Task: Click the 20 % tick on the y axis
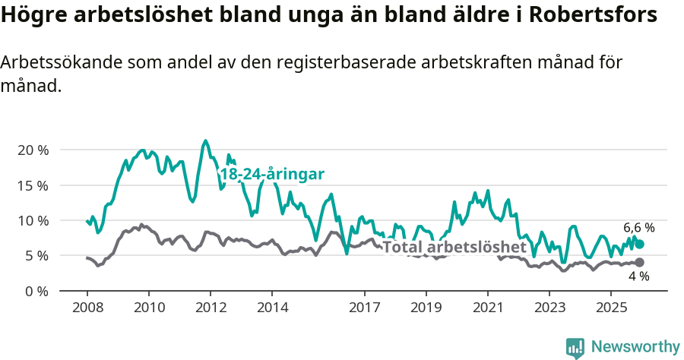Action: point(32,150)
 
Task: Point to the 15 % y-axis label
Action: point(32,185)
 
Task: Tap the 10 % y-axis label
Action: point(32,221)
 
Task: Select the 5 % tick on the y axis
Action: point(36,256)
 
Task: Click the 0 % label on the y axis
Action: point(36,291)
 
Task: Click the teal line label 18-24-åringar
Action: point(272,175)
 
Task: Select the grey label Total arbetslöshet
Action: point(454,247)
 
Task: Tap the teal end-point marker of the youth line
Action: point(639,244)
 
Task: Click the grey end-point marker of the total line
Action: point(639,263)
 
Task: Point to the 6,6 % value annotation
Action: point(638,227)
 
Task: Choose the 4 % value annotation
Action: point(638,276)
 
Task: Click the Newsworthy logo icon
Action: point(575,347)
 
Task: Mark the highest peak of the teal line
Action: point(205,141)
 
